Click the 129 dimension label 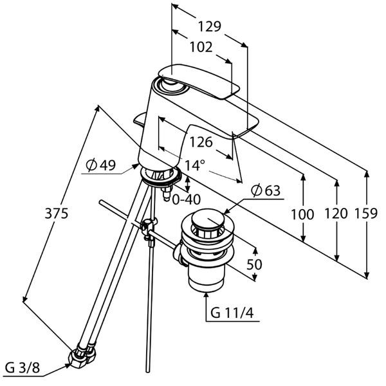click(x=210, y=26)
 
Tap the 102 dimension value click(x=201, y=47)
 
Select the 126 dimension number click(x=201, y=142)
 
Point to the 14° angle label click(x=194, y=165)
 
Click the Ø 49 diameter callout click(x=101, y=165)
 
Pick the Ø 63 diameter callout click(x=265, y=190)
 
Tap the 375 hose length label click(x=57, y=213)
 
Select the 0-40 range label click(x=186, y=199)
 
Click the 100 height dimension click(x=302, y=214)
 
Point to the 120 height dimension click(x=336, y=213)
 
